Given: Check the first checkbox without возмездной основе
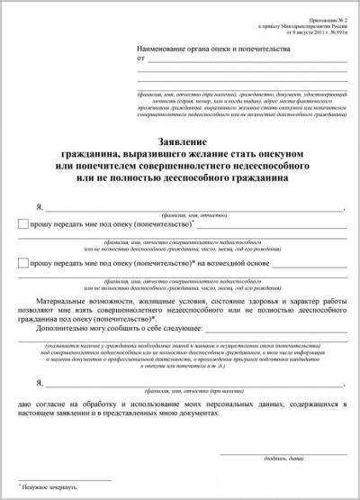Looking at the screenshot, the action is (22, 223).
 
